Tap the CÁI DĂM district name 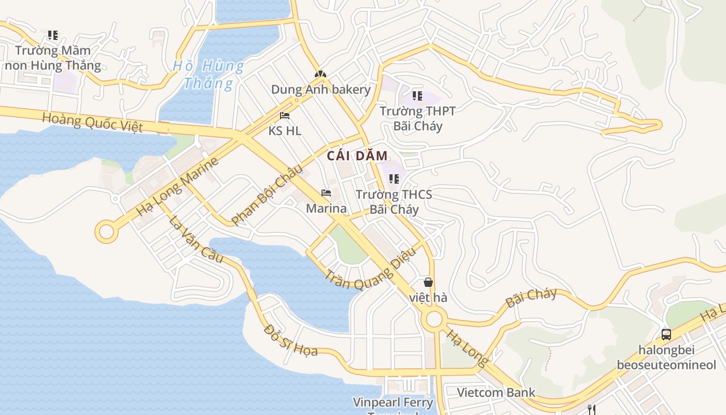357,156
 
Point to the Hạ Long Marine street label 177,187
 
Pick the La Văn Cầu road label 196,239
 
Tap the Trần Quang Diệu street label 370,269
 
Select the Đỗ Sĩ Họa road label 290,340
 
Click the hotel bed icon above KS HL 285,116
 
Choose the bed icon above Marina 326,193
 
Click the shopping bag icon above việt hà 428,283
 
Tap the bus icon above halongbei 666,335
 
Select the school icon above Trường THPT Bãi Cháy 417,96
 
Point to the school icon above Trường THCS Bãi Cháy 394,179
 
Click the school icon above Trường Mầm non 53,35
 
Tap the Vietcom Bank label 496,392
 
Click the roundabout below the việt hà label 434,319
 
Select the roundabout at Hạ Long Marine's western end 106,232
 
